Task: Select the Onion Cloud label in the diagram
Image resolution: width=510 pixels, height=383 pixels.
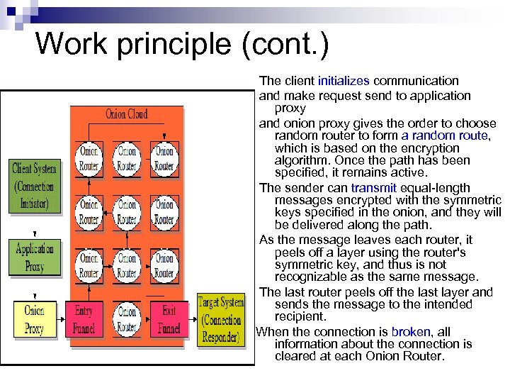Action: tap(126, 114)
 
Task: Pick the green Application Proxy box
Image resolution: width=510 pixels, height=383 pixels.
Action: tap(34, 257)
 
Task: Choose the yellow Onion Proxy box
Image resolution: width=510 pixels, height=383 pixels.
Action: tap(34, 319)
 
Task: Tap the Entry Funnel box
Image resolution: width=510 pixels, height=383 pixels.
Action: tap(84, 319)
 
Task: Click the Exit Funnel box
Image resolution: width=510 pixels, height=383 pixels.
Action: tap(169, 319)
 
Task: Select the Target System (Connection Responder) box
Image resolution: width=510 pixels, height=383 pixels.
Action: tap(220, 319)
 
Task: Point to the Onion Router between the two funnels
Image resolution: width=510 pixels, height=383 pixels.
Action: tap(126, 319)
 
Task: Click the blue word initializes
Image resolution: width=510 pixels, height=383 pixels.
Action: tap(344, 81)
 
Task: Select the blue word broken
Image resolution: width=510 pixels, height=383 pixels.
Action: tap(410, 332)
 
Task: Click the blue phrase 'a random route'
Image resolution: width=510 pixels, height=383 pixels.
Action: tap(445, 135)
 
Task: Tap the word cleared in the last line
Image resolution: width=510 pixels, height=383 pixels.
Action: tap(296, 356)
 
